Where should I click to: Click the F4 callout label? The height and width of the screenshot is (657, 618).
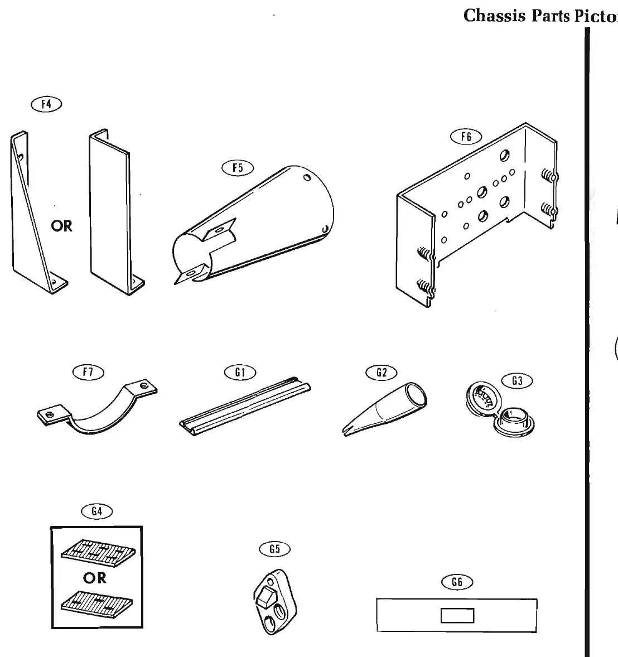(47, 105)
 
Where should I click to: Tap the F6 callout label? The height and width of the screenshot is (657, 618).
(466, 137)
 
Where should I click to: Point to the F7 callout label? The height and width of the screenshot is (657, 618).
(89, 371)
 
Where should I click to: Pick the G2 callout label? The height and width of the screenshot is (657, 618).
(382, 372)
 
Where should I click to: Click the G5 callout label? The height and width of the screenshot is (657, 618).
(275, 549)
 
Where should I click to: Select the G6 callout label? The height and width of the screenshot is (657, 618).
(457, 582)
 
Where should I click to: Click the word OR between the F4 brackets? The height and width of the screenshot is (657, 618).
(61, 226)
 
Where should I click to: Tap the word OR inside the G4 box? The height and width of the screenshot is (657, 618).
(94, 578)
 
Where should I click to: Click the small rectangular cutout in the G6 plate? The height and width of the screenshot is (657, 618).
(457, 616)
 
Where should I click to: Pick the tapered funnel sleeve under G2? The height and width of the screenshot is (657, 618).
(390, 406)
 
